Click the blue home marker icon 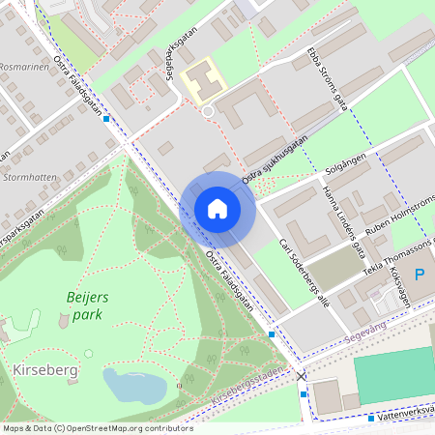tap(217, 208)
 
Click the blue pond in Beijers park tap(133, 386)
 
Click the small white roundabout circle tap(207, 113)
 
